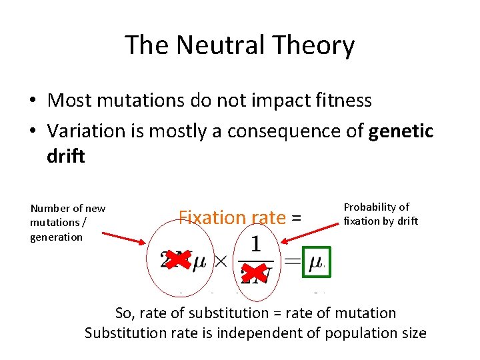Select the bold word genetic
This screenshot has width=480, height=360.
[x=401, y=131]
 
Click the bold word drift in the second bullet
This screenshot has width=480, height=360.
[x=66, y=156]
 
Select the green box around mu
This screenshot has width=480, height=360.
[x=316, y=261]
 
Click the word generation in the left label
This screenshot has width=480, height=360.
[x=57, y=237]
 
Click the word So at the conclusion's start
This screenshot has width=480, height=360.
[x=124, y=313]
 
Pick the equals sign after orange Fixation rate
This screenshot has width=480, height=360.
[x=296, y=218]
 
